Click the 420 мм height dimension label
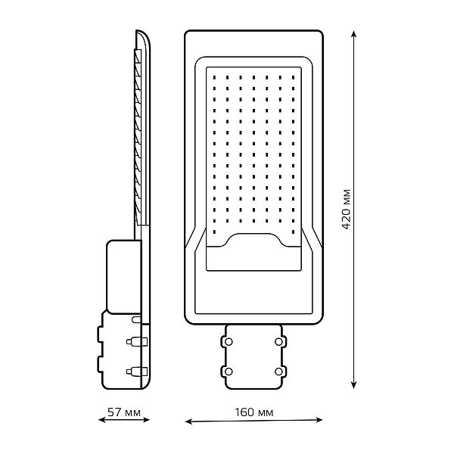tap(347, 210)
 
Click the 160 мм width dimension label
tap(254, 412)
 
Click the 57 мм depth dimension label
tap(124, 412)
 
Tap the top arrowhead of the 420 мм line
tap(353, 34)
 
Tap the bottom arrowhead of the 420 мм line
tap(353, 385)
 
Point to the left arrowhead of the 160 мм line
tap(188, 421)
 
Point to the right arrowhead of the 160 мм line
tap(319, 419)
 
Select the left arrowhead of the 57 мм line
tap(102, 419)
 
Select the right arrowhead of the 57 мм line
tap(146, 419)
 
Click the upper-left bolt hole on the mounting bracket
tap(229, 342)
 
